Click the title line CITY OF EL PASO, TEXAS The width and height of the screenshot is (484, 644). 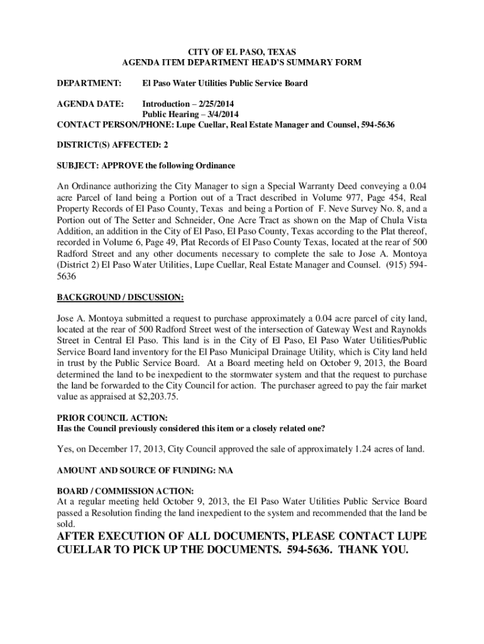tap(242, 51)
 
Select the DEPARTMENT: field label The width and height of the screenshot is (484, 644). tap(89, 83)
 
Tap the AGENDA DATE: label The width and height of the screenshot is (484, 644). tap(91, 103)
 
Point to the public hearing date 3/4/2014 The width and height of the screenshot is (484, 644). tap(219, 114)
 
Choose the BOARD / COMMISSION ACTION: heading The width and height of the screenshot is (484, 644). tap(125, 491)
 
